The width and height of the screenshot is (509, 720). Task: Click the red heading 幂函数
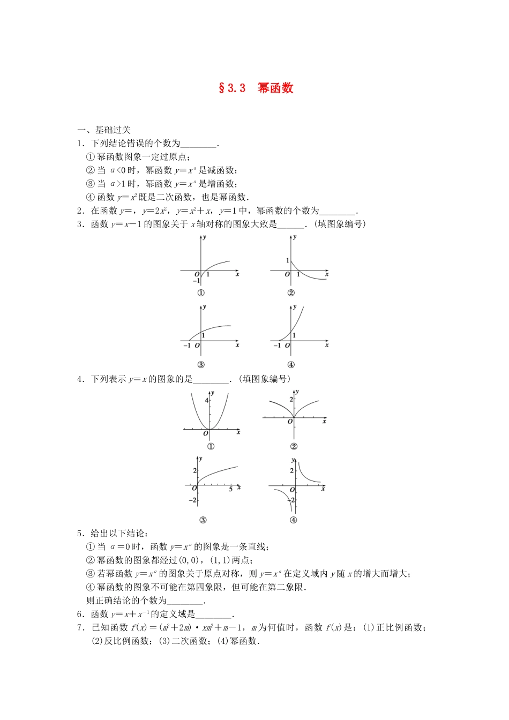coord(275,88)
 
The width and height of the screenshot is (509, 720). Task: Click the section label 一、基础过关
coord(104,130)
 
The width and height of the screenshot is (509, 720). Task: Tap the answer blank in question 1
coord(199,144)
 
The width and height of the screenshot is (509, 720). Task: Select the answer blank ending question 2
coord(337,211)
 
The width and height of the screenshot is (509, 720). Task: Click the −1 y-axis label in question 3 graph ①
coord(196,281)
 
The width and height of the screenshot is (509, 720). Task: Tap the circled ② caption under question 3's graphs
coord(291,293)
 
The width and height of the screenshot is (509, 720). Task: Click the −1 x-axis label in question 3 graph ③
coord(187,346)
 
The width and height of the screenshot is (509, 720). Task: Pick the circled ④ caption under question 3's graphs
coord(291,365)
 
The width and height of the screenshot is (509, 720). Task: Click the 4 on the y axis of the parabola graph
coord(207,400)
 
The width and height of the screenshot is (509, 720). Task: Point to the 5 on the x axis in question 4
coord(231,489)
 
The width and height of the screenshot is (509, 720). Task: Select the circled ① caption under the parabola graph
coord(211,446)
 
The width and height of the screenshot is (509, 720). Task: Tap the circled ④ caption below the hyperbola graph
coord(293,520)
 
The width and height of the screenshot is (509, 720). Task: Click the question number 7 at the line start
coord(80,628)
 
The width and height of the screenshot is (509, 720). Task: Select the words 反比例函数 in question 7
coord(126,641)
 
